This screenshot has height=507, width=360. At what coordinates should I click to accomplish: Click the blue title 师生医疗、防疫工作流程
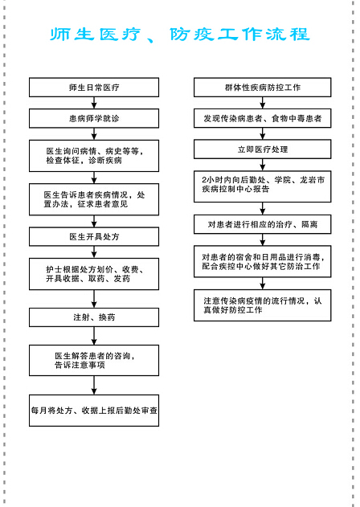[x=180, y=35]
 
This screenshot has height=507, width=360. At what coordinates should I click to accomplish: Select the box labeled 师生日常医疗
[x=94, y=88]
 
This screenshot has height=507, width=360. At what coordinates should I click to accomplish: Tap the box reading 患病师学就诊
[x=94, y=118]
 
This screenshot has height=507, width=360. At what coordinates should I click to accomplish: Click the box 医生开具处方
[x=94, y=237]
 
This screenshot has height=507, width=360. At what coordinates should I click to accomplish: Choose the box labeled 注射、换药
[x=94, y=317]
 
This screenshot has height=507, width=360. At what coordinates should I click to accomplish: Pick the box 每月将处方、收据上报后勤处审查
[x=94, y=411]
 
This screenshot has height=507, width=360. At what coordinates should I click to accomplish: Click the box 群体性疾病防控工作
[x=262, y=88]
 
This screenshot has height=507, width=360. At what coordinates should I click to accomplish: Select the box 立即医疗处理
[x=262, y=149]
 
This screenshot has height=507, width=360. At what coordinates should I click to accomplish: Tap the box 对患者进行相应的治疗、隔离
[x=262, y=224]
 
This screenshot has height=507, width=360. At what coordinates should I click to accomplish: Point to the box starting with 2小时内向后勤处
[x=262, y=186]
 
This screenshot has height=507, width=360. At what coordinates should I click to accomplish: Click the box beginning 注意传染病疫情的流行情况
[x=262, y=305]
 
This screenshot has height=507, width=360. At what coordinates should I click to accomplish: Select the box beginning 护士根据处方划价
[x=94, y=274]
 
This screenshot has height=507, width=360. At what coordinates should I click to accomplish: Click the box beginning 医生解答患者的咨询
[x=94, y=360]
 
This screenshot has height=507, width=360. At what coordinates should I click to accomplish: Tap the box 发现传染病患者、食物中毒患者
[x=262, y=118]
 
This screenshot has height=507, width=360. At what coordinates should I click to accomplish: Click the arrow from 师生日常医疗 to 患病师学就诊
[x=94, y=103]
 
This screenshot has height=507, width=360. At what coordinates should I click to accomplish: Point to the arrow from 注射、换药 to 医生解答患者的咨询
[x=94, y=336]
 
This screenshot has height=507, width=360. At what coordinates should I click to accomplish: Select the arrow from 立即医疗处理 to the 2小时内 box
[x=262, y=165]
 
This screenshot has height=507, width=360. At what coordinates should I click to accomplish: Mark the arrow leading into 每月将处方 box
[x=94, y=385]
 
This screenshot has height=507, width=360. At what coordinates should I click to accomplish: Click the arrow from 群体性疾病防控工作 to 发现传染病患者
[x=262, y=103]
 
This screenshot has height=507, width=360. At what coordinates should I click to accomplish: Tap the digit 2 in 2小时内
[x=204, y=180]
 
